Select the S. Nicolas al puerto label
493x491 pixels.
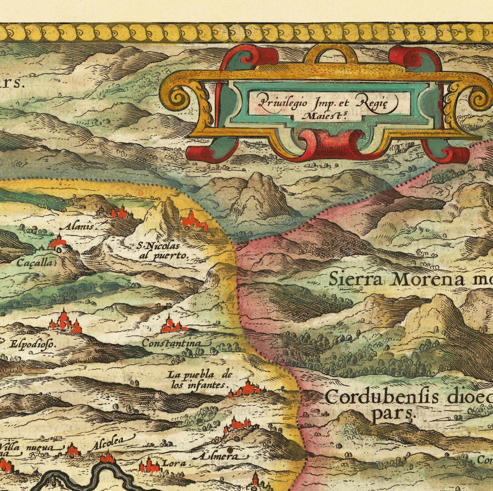pos(163,251)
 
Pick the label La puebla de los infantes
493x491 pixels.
pos(198,380)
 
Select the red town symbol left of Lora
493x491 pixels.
pos(149,466)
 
